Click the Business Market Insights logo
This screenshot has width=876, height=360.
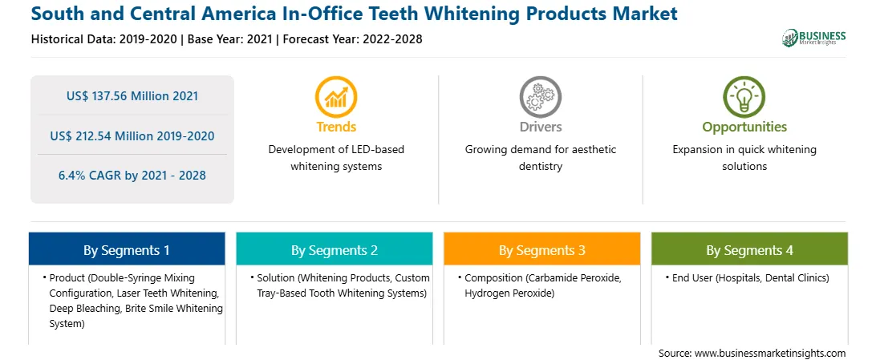[814, 38]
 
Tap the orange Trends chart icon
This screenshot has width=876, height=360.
[336, 96]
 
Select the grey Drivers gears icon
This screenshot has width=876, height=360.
[540, 96]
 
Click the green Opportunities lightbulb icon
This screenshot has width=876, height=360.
[744, 96]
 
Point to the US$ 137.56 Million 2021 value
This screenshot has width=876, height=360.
[132, 96]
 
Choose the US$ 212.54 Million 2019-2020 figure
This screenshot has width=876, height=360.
[132, 136]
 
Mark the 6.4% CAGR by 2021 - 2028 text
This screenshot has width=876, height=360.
[132, 176]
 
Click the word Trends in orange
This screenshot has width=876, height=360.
[336, 127]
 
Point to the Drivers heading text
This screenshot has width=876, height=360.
[540, 127]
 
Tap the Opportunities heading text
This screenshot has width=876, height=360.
[744, 127]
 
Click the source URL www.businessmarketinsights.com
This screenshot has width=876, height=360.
[770, 354]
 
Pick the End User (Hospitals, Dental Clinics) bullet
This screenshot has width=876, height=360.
[747, 277]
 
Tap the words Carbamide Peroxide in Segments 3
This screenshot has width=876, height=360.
[578, 277]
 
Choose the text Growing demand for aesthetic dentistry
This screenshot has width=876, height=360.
[540, 158]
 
